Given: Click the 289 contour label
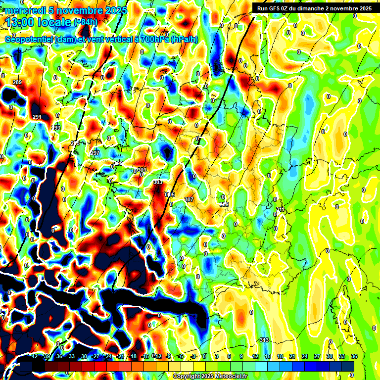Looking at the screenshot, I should click(17, 82).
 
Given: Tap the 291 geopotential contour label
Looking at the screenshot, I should click(37, 117).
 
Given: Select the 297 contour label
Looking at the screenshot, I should click(95, 153).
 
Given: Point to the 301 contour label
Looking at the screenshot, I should click(142, 170).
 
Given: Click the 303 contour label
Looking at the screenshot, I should click(158, 182).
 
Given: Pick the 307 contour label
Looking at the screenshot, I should click(189, 199).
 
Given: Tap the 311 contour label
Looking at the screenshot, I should click(281, 210).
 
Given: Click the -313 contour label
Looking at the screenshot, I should click(264, 339).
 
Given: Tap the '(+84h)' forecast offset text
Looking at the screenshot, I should click(85, 22).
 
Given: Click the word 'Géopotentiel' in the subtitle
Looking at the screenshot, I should click(29, 40).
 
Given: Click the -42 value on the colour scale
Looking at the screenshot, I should click(34, 356).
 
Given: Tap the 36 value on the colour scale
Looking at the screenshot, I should click(354, 356).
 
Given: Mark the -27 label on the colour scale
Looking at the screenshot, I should click(95, 356).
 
